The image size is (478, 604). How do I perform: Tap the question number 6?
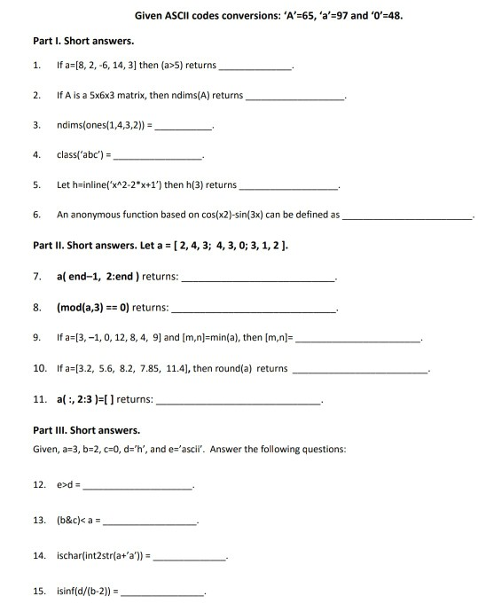click(x=35, y=215)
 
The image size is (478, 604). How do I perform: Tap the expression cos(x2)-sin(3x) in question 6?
click(x=255, y=215)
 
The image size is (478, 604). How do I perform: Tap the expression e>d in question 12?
click(x=65, y=485)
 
